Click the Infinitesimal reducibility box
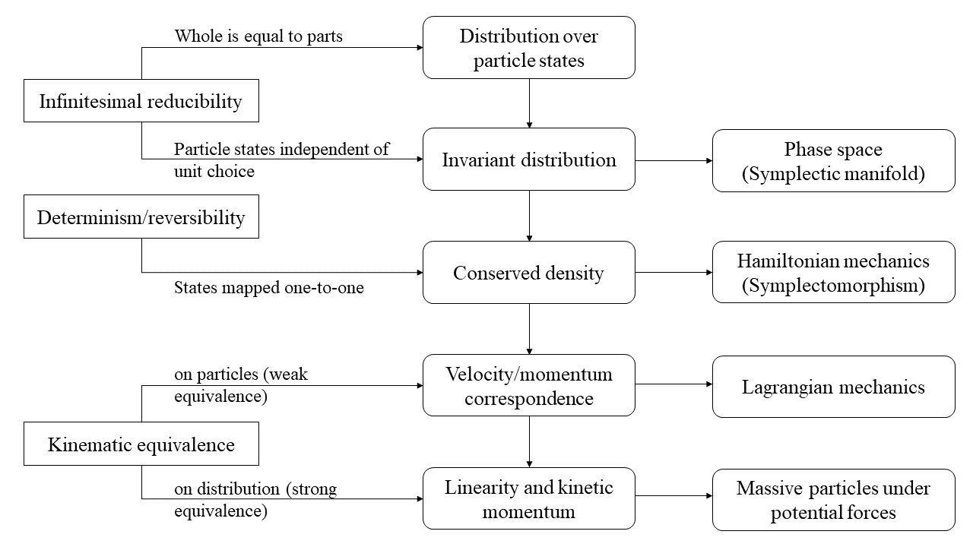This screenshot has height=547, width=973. (141, 101)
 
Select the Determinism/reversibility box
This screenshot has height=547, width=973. (141, 217)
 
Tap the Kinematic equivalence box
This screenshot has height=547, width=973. (141, 444)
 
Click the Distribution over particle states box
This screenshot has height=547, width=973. (528, 48)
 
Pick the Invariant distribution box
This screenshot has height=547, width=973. (528, 160)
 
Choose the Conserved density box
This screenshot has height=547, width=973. (528, 273)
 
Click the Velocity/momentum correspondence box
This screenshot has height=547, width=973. (528, 385)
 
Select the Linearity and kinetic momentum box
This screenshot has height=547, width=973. (528, 498)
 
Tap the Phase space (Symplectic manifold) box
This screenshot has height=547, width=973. (833, 161)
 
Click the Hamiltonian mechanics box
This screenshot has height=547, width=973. (833, 272)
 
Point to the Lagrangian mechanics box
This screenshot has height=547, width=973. (833, 387)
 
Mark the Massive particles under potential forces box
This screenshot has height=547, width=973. (833, 500)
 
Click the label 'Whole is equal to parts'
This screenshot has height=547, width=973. (258, 36)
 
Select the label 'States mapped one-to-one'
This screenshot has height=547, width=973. (269, 288)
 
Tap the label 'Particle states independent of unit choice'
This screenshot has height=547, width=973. (281, 160)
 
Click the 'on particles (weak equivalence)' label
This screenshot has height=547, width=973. (241, 386)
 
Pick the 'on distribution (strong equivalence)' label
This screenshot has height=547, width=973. (255, 500)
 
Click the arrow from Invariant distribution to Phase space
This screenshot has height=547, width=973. (673, 160)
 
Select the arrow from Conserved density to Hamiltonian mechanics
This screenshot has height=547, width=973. (673, 272)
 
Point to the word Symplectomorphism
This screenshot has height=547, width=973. (833, 286)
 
